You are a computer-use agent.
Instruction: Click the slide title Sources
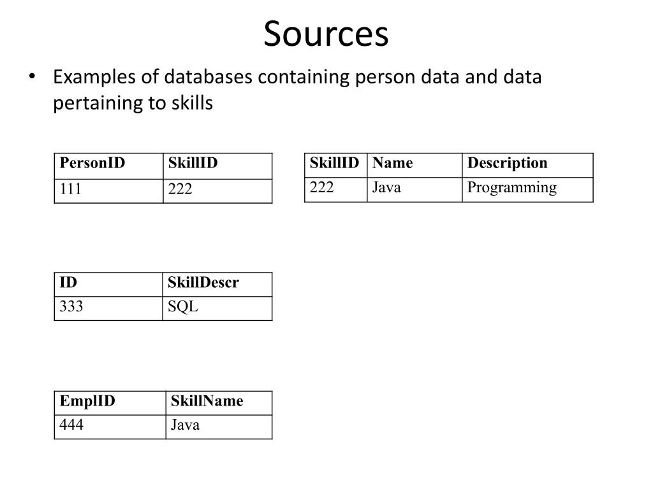326,34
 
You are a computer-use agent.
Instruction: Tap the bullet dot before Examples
33,77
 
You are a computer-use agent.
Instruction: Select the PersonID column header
92,164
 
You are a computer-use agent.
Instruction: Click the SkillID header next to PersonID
193,164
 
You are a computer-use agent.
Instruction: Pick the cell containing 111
71,190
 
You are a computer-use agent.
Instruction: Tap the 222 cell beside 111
180,190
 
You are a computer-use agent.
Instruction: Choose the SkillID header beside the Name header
335,164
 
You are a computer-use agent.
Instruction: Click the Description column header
507,164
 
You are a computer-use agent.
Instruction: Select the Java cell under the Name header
387,188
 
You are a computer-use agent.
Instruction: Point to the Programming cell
511,188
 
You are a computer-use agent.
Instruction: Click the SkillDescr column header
203,283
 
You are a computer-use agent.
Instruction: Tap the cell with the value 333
71,308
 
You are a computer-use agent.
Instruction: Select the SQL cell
183,308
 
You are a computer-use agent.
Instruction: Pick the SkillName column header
207,401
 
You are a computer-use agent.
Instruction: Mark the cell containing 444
71,425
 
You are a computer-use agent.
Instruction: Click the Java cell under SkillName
185,425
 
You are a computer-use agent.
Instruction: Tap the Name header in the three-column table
393,164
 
